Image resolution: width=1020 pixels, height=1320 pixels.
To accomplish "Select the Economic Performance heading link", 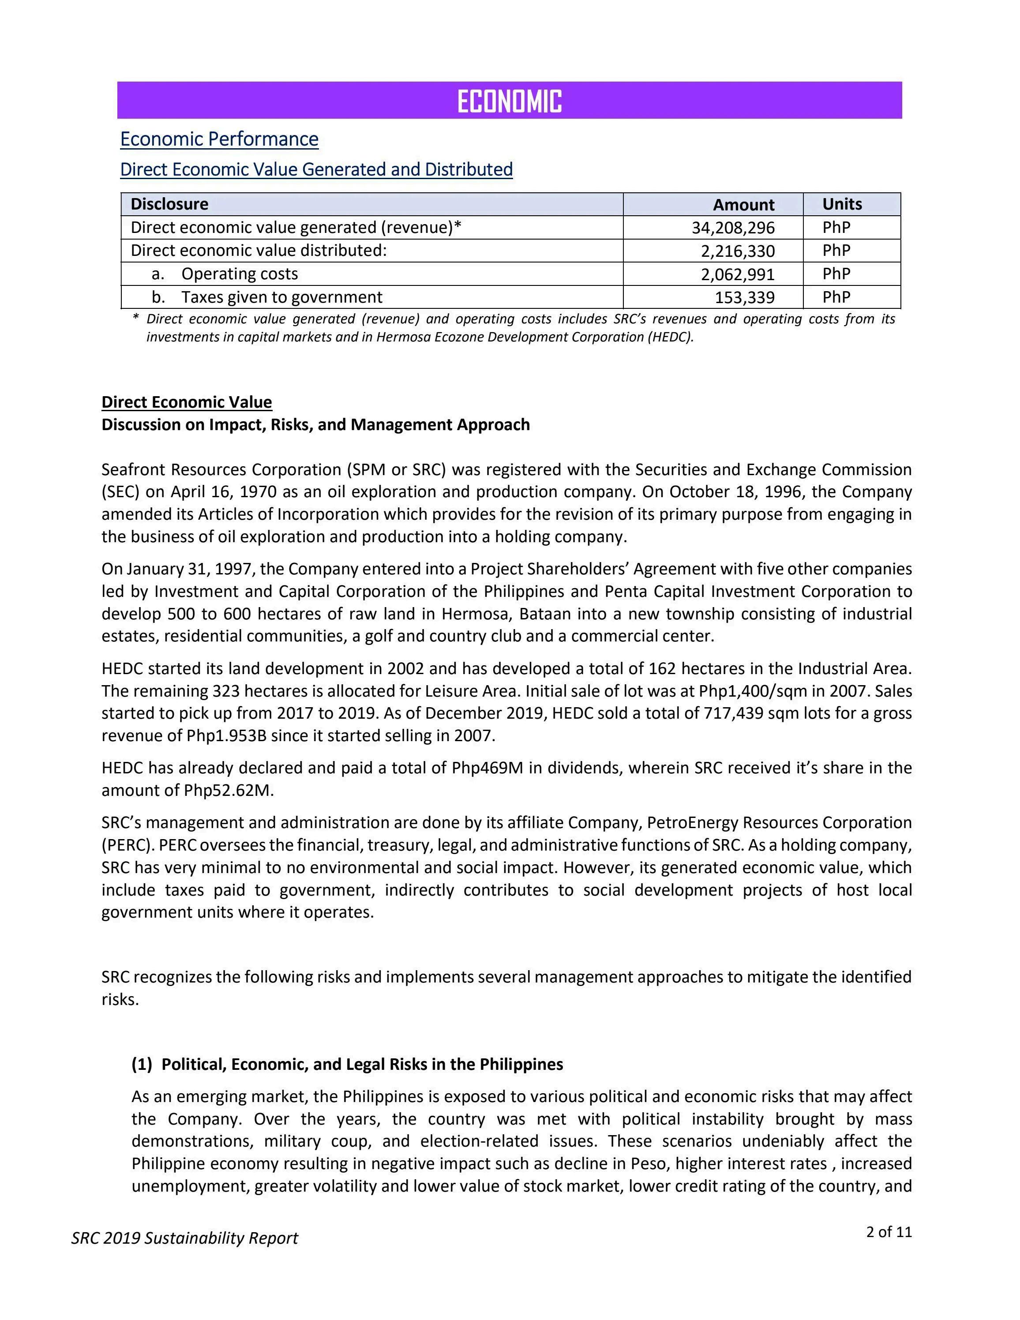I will pos(219,139).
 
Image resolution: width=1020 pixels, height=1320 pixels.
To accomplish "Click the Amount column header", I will pos(743,205).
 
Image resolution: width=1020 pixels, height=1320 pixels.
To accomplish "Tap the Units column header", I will pos(842,204).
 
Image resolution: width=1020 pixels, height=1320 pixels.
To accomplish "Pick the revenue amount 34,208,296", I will pos(733,228).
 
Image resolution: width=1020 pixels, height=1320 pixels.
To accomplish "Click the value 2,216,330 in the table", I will pos(738,251).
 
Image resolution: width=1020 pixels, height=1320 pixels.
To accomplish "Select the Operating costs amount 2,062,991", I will pos(738,274).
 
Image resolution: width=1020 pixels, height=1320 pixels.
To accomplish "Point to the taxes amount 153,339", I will pos(744,297).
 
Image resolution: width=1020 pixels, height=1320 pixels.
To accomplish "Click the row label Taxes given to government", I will pos(281,297).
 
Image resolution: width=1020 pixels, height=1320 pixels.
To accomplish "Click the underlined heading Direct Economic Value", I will pos(187,402).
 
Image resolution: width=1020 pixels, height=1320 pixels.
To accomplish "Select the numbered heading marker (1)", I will pos(142,1065).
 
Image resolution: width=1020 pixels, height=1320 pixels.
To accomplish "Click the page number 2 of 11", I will pos(888,1232).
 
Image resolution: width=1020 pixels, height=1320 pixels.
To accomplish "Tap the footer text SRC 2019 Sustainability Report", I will pos(185,1238).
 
